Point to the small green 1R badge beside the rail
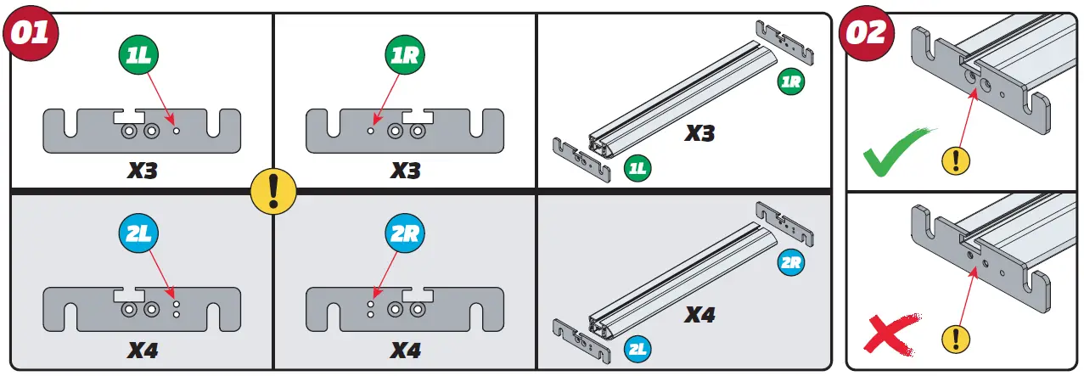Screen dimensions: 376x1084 point(790,82)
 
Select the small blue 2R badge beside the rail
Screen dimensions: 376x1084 point(790,262)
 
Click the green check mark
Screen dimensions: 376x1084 point(896,151)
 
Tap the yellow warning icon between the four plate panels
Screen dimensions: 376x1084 point(273,189)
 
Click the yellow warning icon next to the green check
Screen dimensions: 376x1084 point(957,159)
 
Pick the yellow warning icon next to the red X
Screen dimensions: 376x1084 point(957,340)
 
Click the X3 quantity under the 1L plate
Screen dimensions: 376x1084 point(142,170)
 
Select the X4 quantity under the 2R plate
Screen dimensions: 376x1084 point(406,349)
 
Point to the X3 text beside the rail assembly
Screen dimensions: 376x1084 point(700,133)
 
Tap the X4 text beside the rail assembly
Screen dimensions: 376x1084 point(700,315)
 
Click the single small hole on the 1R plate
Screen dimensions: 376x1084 point(370,132)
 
